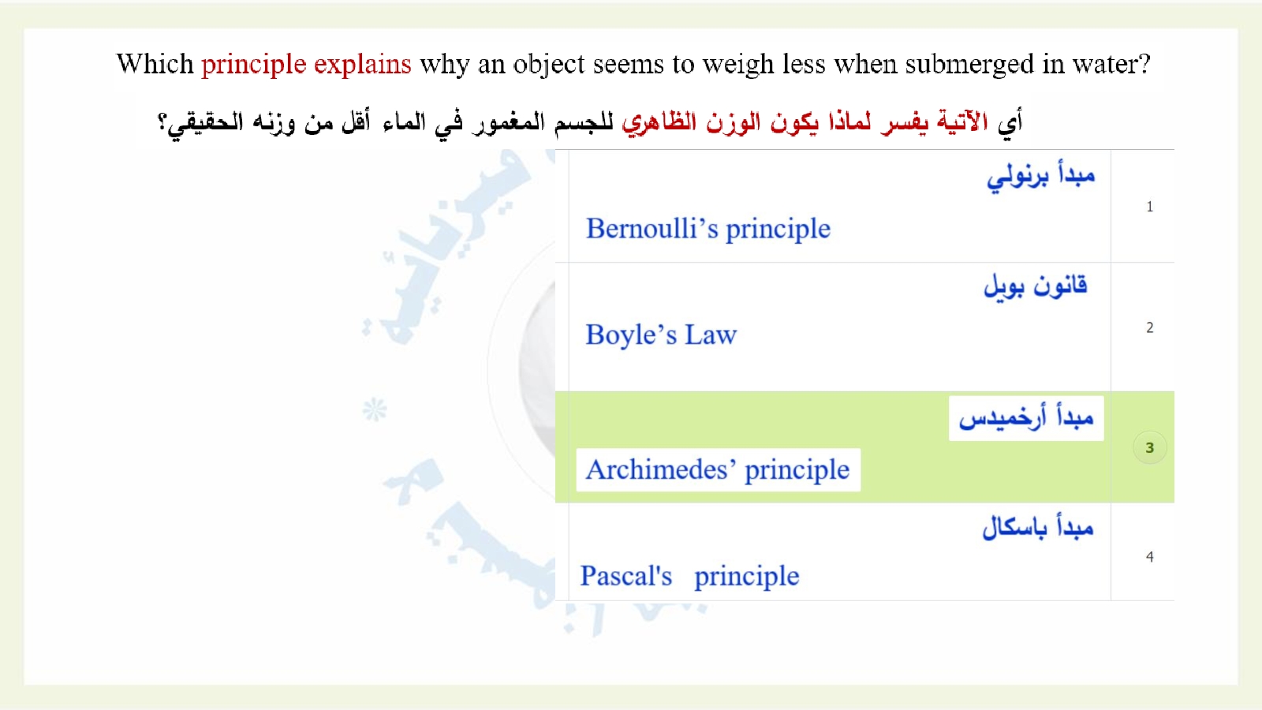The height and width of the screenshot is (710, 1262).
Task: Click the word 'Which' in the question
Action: coord(155,64)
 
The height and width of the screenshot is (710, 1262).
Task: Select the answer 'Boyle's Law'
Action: coord(661,335)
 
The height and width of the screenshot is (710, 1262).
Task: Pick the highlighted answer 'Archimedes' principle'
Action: coord(717,470)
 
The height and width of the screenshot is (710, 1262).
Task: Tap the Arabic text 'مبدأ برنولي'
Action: coord(1041,177)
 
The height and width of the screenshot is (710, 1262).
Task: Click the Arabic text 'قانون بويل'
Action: coord(1036,286)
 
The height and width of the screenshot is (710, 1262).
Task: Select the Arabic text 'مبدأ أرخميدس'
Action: coord(1026,418)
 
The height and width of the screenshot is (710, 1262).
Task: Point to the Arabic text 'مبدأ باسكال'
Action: coord(1038,528)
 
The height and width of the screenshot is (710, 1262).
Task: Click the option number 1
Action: coord(1150,207)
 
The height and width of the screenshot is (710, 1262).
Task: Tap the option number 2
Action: coord(1150,327)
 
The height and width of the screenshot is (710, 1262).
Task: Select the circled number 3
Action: coord(1150,447)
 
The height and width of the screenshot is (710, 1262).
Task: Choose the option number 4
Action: coord(1150,557)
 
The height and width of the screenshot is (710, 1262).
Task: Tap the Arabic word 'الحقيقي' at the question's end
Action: coord(200,122)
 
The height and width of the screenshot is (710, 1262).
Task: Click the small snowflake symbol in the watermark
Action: coord(375,409)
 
